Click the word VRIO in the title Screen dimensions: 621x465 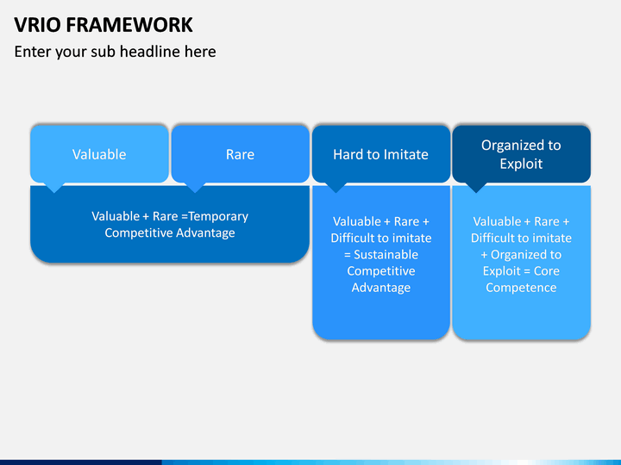[37, 24]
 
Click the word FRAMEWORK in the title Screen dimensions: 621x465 [129, 24]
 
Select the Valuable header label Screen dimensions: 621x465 [99, 154]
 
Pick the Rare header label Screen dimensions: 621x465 [240, 154]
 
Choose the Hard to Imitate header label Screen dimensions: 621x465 [380, 154]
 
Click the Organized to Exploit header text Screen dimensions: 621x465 [521, 154]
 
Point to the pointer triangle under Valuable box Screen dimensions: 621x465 [54, 188]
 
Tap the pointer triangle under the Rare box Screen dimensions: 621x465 [194, 188]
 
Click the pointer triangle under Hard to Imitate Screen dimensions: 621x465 [336, 188]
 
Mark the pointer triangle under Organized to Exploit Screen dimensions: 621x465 [476, 188]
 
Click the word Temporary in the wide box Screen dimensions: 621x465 [218, 217]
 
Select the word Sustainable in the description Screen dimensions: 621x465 [386, 254]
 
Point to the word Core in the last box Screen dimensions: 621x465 [547, 271]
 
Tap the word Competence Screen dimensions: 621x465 [521, 288]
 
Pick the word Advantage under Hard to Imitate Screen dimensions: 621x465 [381, 288]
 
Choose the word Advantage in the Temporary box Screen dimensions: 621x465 [205, 232]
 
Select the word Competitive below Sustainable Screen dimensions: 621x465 [381, 271]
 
